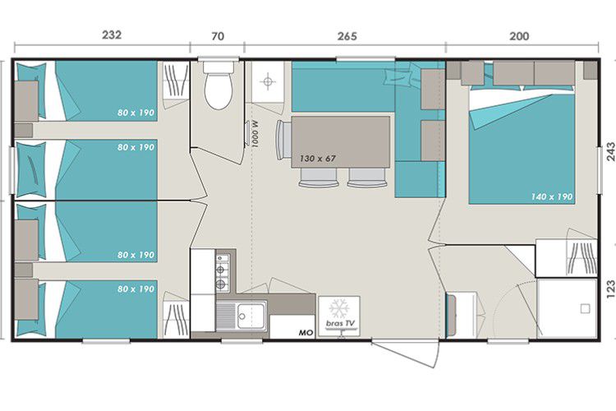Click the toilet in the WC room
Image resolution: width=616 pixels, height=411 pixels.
point(218,85)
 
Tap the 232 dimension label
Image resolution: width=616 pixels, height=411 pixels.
point(112,35)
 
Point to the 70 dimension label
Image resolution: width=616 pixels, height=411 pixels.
point(218,36)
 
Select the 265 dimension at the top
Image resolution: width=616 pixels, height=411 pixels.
point(347,36)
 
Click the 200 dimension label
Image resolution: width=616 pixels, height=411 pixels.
point(519,36)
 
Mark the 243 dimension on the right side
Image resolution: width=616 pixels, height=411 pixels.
point(610,152)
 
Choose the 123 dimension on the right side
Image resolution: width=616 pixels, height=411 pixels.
point(610,289)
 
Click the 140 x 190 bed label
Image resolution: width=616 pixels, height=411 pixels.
point(552,196)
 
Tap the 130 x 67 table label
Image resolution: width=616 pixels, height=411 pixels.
point(318,159)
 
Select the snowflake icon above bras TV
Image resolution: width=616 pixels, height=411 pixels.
point(339,309)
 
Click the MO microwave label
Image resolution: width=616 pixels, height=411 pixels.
point(306,333)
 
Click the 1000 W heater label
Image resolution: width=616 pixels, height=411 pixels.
point(255,134)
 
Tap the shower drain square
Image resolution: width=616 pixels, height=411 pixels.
point(585,309)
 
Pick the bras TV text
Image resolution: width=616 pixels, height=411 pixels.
point(340,323)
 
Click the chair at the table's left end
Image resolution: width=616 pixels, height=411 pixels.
point(283,140)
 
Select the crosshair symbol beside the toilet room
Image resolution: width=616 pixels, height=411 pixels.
point(268,82)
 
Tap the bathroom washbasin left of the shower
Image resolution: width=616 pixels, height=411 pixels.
point(462,315)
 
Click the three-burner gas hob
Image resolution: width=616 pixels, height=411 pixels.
point(223,270)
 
